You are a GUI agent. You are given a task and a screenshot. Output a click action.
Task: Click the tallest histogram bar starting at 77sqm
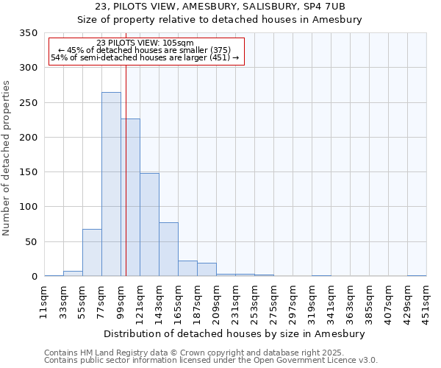111,184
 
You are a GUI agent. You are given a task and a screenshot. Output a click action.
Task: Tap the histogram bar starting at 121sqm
149,224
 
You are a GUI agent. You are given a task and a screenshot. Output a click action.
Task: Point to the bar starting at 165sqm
187,269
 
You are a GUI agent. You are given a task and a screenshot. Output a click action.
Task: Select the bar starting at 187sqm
207,269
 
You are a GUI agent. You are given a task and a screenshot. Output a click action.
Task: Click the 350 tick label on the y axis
28,33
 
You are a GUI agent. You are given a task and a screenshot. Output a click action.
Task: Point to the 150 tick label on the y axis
28,172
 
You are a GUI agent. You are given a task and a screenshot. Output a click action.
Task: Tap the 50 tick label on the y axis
31,242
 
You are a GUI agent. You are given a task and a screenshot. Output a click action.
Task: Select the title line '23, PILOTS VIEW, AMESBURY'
220,7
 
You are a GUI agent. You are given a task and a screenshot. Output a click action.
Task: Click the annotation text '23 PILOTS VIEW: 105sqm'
145,43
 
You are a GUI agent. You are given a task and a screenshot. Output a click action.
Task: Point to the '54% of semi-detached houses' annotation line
145,57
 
